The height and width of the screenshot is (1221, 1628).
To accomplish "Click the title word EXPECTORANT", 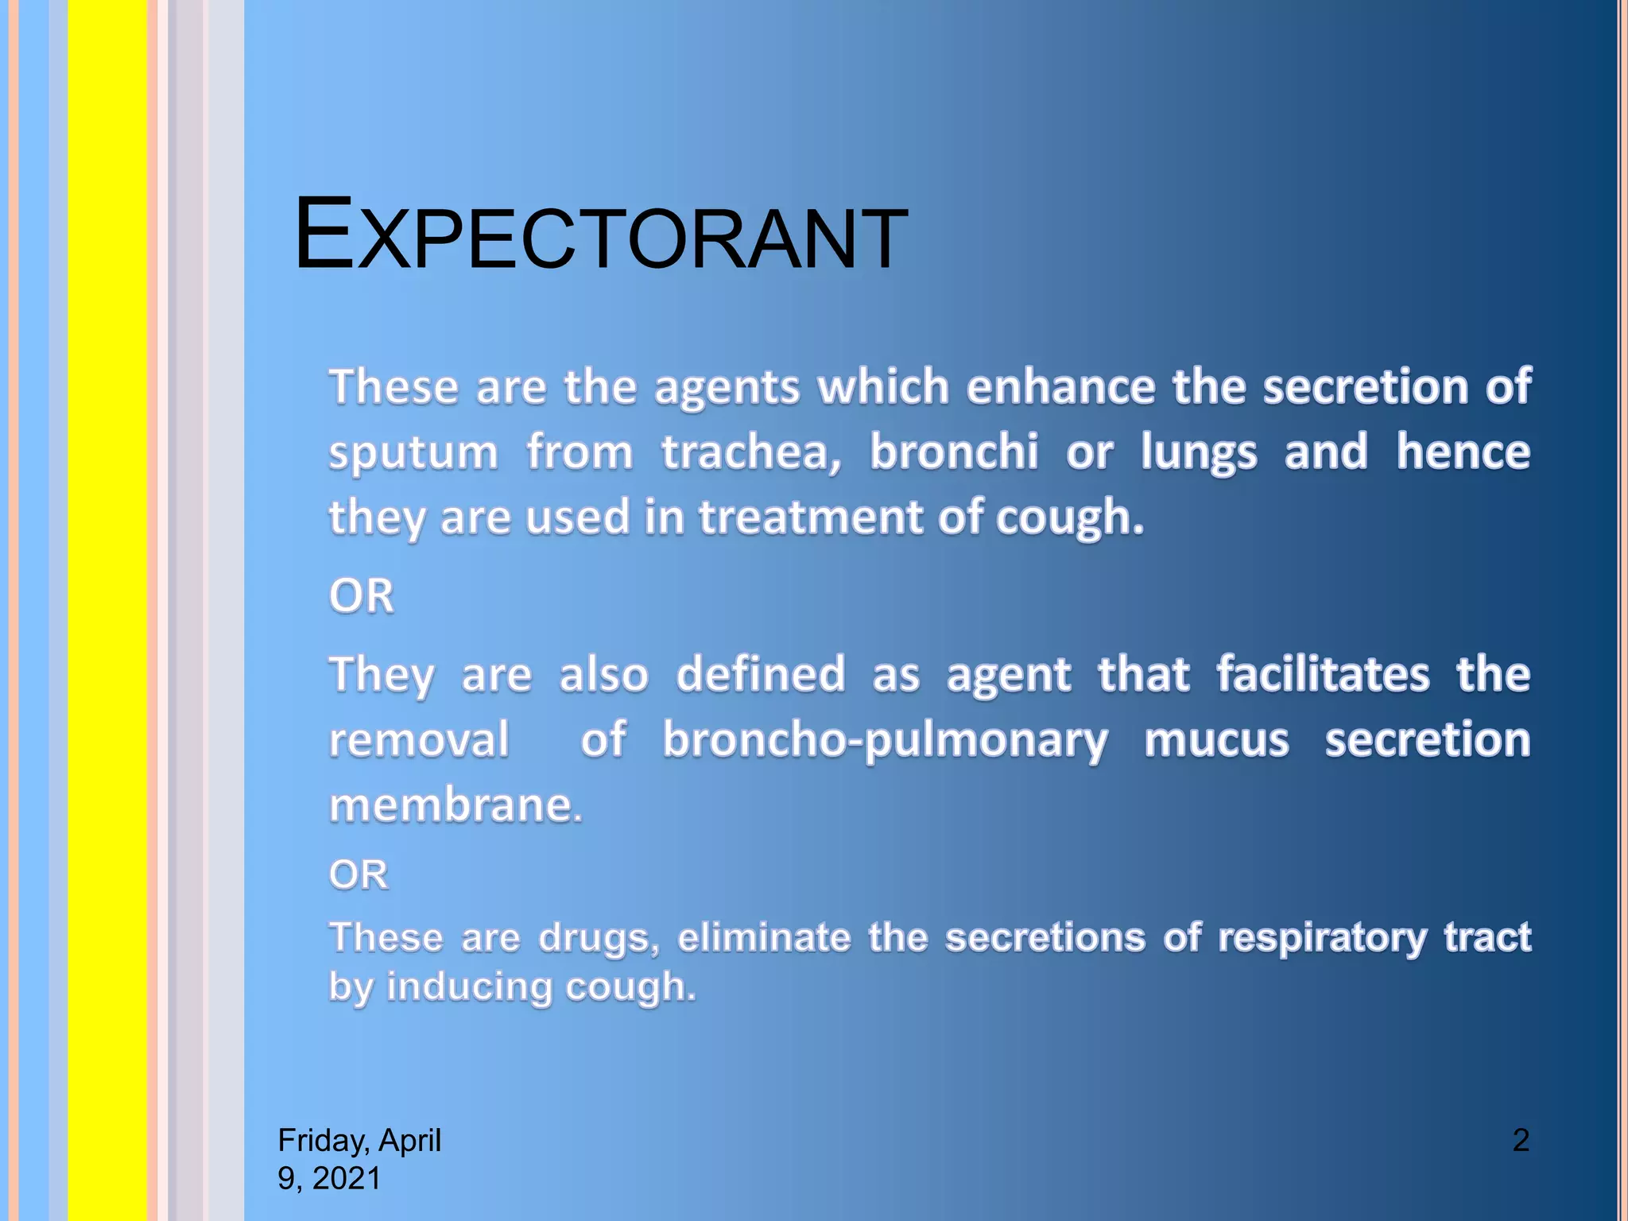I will [600, 236].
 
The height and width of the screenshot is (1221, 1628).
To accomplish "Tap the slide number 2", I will [1520, 1140].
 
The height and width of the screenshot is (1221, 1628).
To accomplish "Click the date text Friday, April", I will [359, 1140].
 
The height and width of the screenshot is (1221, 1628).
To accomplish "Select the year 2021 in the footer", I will [347, 1178].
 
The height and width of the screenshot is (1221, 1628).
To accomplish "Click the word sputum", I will [413, 453].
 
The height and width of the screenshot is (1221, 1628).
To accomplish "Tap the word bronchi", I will [953, 452].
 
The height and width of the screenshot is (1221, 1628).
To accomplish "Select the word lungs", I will [1198, 453].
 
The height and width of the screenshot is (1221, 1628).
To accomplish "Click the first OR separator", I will [362, 595].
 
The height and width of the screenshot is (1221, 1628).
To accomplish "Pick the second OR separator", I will [359, 874].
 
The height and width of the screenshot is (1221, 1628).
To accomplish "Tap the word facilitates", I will [1323, 674].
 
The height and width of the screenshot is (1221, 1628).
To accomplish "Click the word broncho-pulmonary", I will [885, 741].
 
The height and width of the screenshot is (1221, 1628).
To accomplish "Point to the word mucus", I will [1215, 741].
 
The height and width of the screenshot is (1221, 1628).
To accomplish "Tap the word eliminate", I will [764, 936].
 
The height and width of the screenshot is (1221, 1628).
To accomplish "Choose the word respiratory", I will [1322, 938].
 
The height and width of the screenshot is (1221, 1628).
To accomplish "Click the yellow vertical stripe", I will [107, 610].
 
